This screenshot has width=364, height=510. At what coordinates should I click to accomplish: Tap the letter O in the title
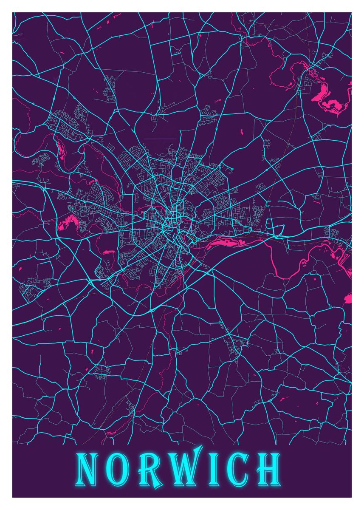point(118,470)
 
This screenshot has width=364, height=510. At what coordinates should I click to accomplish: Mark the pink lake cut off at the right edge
point(348,298)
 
